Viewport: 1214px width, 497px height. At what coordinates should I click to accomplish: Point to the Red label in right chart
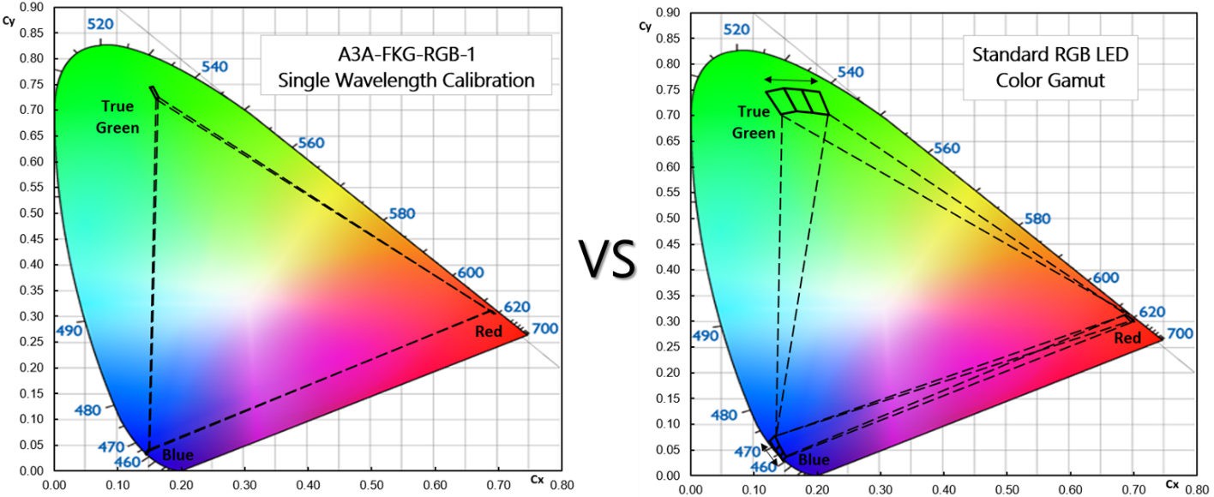[x=1127, y=338]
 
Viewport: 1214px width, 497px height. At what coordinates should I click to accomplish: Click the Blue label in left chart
[x=177, y=455]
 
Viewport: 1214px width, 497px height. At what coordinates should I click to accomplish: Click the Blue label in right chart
[x=814, y=460]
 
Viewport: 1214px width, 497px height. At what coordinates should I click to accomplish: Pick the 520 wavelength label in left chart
[x=101, y=25]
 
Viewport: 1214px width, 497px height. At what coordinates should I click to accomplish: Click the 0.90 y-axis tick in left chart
[x=31, y=8]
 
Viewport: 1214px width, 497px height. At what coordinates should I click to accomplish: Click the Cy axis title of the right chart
[x=646, y=26]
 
